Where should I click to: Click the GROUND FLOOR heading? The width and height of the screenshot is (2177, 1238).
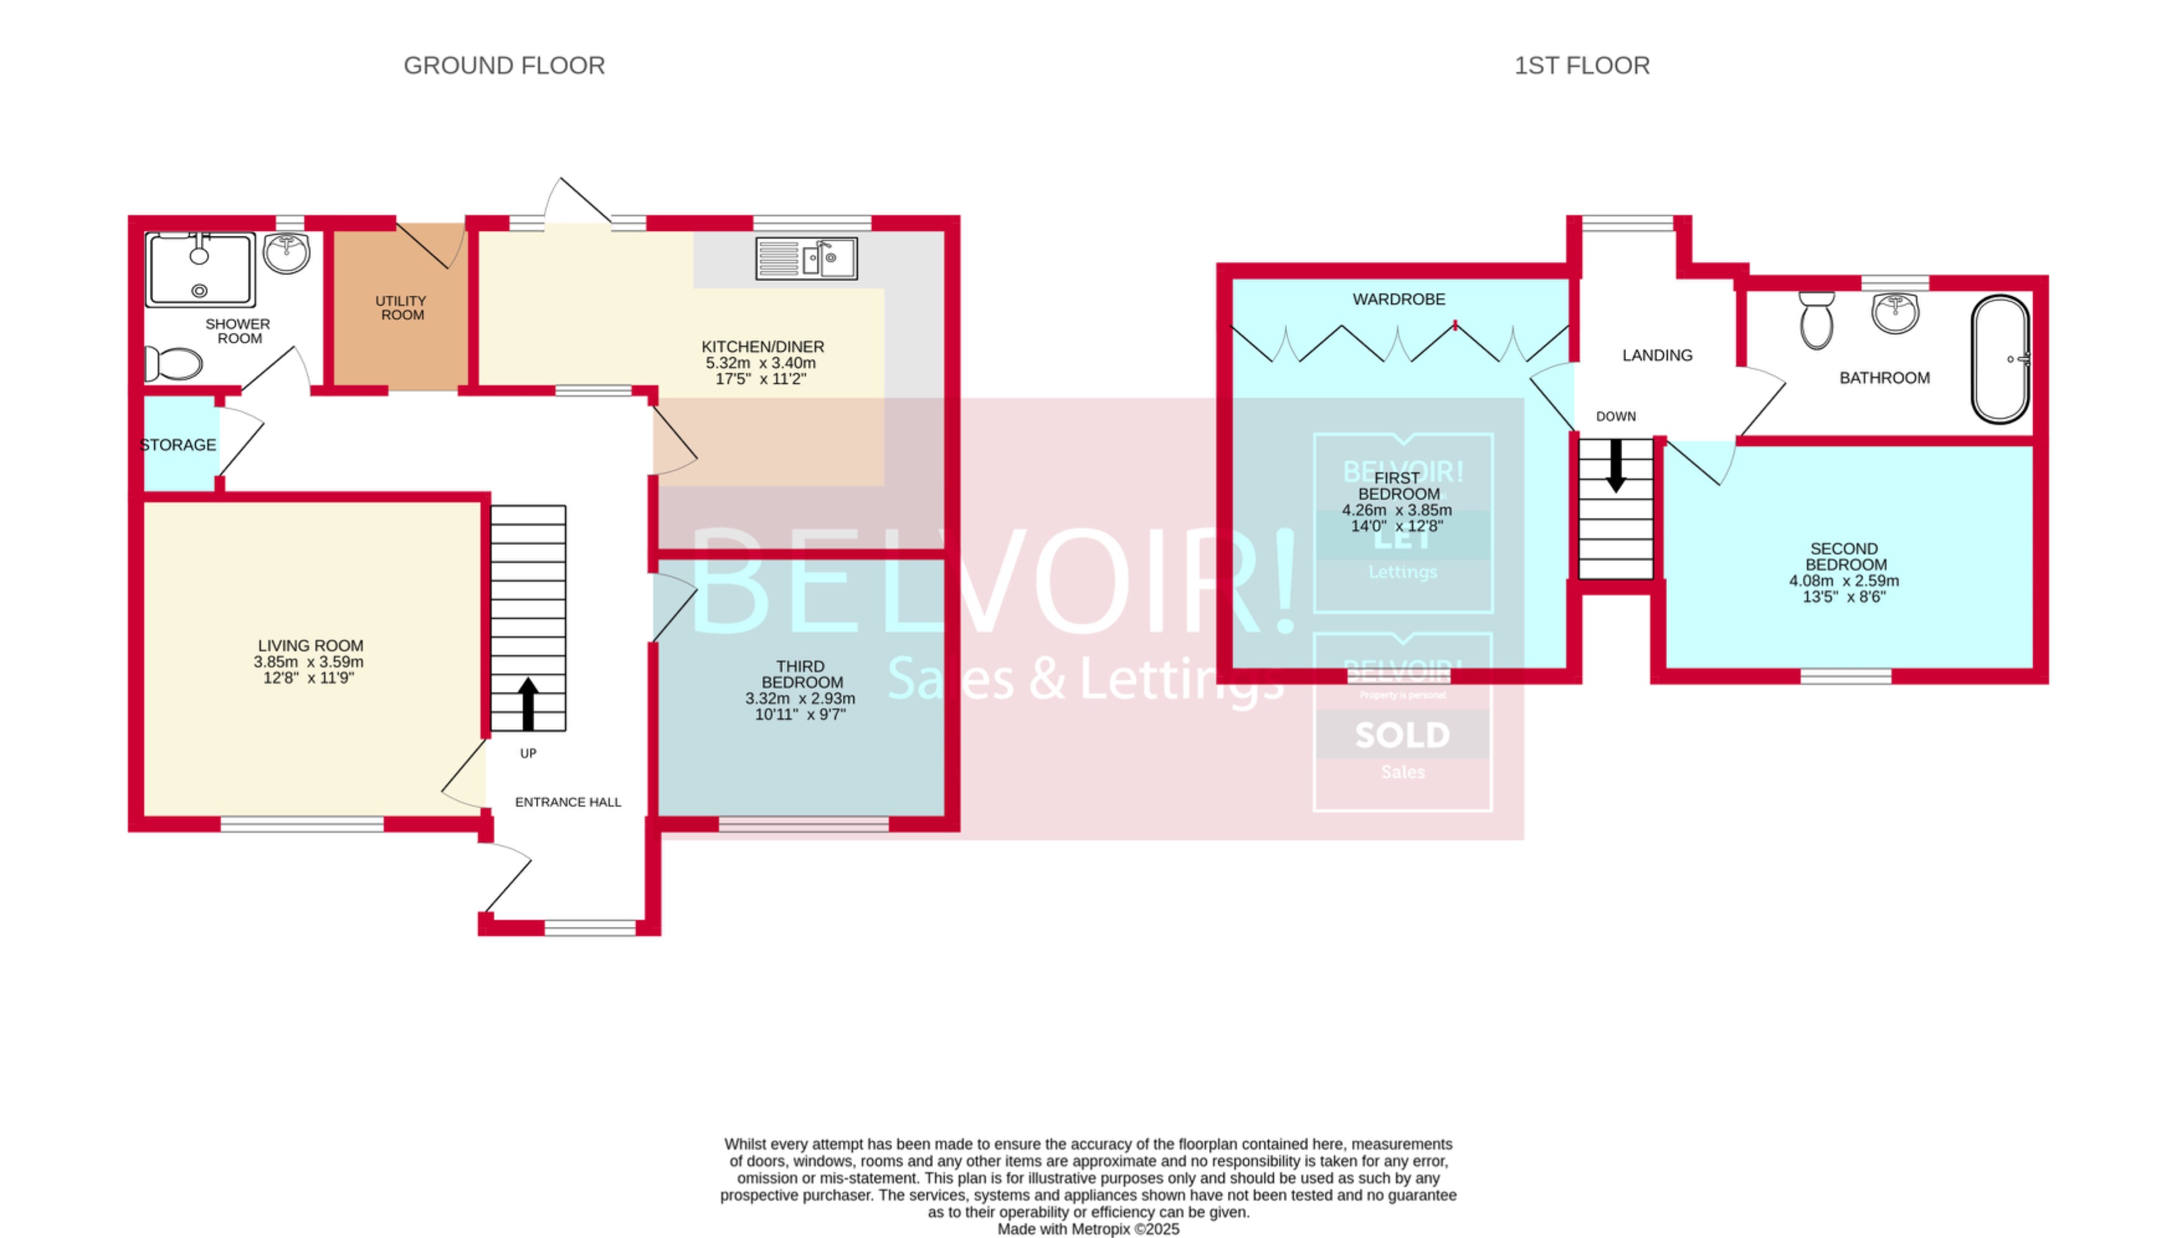point(504,65)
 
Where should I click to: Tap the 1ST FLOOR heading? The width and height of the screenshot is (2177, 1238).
point(1581,65)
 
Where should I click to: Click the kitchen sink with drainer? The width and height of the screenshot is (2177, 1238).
point(806,258)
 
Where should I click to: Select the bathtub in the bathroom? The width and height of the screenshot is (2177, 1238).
point(2000,359)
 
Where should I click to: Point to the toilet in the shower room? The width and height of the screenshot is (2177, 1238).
point(175,364)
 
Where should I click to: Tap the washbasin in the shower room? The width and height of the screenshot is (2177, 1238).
point(287,253)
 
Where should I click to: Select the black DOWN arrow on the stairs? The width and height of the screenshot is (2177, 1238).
point(1615,466)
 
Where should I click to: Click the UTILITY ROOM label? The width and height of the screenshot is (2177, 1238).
point(401,308)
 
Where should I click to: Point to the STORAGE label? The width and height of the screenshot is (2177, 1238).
point(178,445)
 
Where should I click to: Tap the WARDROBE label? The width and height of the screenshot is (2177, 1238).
point(1398,299)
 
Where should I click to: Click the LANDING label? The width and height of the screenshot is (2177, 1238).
point(1657,355)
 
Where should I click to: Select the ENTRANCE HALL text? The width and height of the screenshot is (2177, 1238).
point(568,802)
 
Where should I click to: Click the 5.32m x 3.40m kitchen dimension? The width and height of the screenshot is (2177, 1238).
point(760,363)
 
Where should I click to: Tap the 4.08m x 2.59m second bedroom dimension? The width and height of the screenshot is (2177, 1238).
point(1843,580)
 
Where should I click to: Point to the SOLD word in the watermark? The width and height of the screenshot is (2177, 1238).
point(1402,735)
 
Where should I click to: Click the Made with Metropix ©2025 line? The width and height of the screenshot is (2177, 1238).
point(1088,1229)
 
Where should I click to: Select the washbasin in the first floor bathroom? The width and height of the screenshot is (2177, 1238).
point(1895,312)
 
